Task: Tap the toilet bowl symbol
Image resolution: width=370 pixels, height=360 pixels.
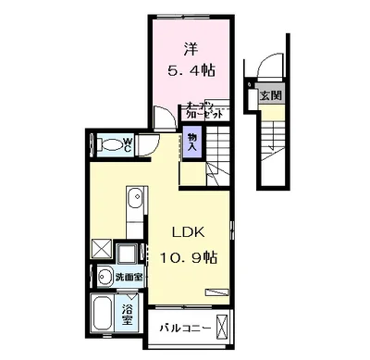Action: click(111, 144)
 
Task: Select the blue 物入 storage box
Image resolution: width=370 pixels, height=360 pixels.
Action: click(192, 143)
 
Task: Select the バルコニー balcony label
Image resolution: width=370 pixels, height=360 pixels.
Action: click(185, 328)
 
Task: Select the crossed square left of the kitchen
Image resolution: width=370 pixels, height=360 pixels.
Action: click(101, 249)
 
